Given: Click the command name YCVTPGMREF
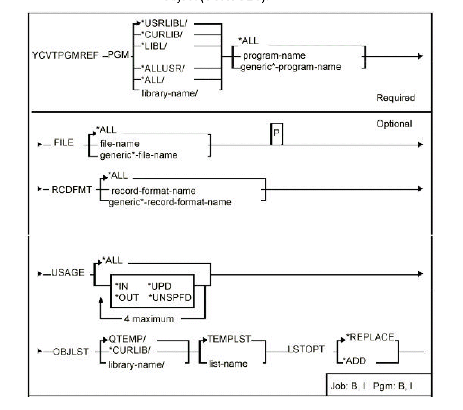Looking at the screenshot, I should click(65, 55).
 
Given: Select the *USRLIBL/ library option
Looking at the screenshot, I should click(165, 24).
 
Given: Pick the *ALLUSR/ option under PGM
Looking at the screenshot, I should click(164, 68).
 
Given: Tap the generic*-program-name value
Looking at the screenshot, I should click(291, 67).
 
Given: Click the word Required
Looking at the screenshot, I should click(395, 98).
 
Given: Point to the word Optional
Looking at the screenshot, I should click(394, 124).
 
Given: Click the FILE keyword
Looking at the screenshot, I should click(63, 142).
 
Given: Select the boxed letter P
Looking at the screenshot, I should click(276, 133).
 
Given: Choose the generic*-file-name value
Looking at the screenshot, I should click(139, 155).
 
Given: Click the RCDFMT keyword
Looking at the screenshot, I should click(72, 190).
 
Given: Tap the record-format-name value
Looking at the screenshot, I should click(154, 191).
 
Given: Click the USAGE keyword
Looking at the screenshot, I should click(68, 273).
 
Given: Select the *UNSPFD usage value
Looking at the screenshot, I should click(170, 298).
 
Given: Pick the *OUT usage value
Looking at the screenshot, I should click(127, 298).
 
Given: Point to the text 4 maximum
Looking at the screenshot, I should click(149, 319).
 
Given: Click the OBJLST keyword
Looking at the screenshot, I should click(71, 352).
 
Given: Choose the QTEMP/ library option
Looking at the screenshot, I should click(128, 339).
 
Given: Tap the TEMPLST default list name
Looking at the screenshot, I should click(229, 339).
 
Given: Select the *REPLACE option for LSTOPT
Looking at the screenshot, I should click(370, 337).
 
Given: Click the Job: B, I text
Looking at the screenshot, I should click(347, 386).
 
